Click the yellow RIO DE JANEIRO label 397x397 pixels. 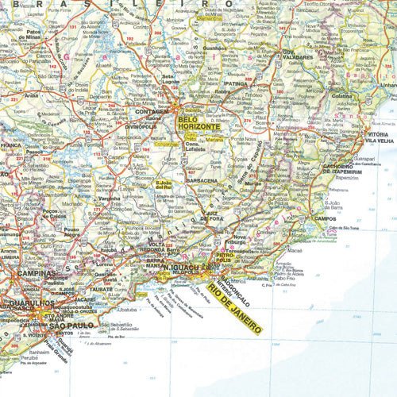(235, 306)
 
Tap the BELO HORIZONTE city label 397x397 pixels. (198, 123)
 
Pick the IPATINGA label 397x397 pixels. (237, 83)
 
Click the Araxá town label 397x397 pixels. (32, 93)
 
